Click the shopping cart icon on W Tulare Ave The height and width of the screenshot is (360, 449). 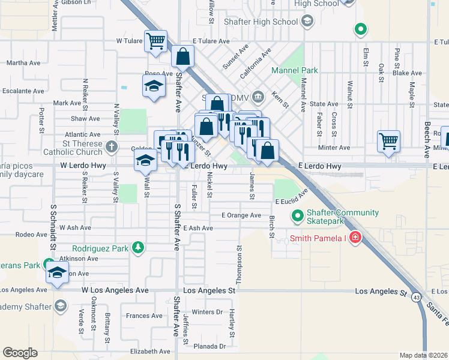[155, 41]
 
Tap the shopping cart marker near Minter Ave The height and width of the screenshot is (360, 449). [389, 142]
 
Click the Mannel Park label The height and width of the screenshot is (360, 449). [294, 70]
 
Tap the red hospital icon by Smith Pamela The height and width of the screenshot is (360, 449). [355, 238]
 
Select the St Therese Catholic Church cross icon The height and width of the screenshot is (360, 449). [111, 146]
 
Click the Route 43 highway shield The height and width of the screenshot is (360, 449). [416, 296]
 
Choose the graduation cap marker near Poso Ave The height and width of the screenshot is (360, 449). [154, 86]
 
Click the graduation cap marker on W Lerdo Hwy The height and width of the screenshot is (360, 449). [145, 161]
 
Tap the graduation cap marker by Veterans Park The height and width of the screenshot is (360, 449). [57, 272]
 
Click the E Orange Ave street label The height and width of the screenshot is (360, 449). [241, 215]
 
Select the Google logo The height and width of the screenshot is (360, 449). [20, 353]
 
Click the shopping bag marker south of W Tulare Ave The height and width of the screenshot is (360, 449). [182, 58]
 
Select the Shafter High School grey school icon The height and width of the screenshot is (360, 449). [307, 22]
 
